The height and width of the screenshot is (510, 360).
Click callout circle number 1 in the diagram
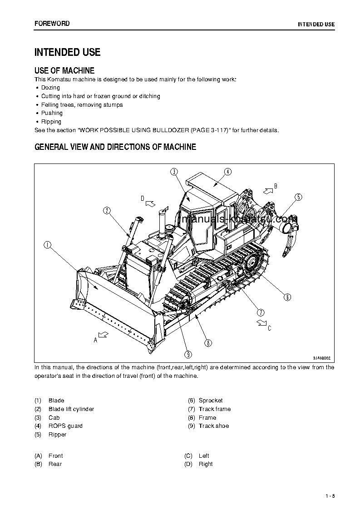click(x=47, y=245)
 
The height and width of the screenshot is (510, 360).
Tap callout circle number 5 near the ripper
click(x=298, y=197)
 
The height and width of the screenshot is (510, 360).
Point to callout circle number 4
click(x=227, y=171)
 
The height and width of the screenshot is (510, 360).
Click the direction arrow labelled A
click(x=103, y=335)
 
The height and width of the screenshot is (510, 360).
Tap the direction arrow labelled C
click(x=261, y=322)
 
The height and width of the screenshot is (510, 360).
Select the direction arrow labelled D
click(x=150, y=203)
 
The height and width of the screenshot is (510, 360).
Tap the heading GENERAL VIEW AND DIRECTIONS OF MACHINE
click(x=115, y=147)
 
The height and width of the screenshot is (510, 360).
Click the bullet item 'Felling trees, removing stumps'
click(x=82, y=105)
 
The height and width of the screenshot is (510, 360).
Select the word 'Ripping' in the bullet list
click(x=51, y=122)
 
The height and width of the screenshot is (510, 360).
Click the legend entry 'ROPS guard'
click(x=65, y=426)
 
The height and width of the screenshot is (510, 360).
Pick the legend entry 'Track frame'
click(x=214, y=409)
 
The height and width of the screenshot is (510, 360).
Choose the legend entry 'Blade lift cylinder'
click(x=71, y=409)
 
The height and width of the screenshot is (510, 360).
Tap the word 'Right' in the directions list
click(x=206, y=464)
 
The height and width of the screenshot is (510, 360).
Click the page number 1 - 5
click(x=330, y=495)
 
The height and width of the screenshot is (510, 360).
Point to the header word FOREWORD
click(x=52, y=23)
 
